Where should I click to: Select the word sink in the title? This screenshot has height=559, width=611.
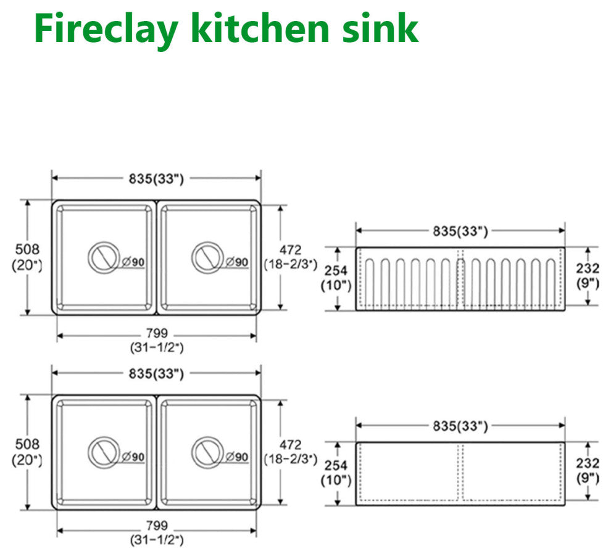[x=380, y=28]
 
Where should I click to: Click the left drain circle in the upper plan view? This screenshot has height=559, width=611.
[x=103, y=257]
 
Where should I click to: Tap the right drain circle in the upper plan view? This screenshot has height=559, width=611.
[x=207, y=257]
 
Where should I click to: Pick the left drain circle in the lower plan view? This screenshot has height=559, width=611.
[x=103, y=452]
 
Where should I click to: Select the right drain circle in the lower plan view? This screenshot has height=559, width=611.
[x=207, y=452]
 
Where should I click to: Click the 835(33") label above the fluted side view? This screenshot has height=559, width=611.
[x=460, y=231]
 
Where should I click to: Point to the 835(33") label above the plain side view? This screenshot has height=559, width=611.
[x=460, y=426]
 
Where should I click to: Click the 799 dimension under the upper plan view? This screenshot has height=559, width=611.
[x=157, y=333]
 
